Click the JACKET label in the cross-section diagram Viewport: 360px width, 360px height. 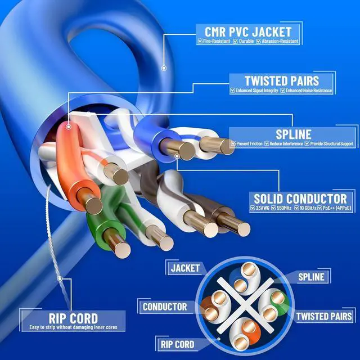pos(184,268)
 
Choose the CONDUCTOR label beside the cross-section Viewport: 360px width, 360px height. pos(164,307)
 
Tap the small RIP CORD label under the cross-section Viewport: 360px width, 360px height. pos(177,344)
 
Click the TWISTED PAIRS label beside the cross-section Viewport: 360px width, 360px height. pos(325,317)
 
